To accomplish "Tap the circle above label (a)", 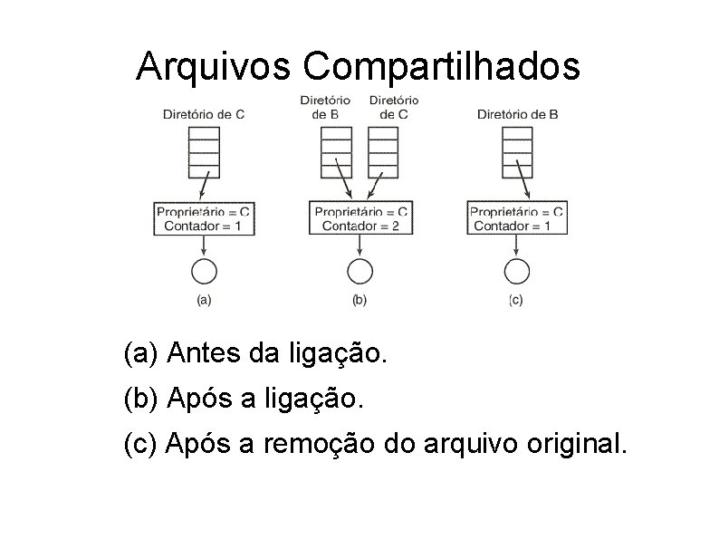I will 204,271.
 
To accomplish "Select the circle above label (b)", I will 360,271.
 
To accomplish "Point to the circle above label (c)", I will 516,271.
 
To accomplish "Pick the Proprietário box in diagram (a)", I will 204,218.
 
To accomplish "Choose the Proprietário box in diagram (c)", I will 516,218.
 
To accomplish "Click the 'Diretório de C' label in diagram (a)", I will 204,114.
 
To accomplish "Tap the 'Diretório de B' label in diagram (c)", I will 517,114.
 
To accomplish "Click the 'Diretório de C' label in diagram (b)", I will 394,107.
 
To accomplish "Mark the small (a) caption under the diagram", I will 204,300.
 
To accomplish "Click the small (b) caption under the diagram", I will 359,300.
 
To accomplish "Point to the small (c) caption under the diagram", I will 515,300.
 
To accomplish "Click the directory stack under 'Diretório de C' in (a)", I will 204,152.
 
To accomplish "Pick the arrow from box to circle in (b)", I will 360,246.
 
